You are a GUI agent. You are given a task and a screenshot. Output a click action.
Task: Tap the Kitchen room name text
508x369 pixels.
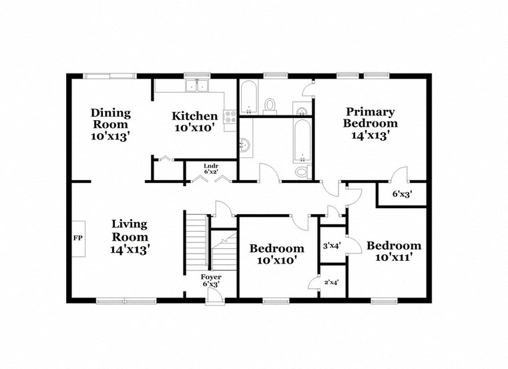click(x=194, y=115)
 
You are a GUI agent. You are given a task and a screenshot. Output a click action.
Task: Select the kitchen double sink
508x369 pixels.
click(x=198, y=85)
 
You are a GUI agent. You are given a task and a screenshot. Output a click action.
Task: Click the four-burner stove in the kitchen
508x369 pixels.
click(x=230, y=118)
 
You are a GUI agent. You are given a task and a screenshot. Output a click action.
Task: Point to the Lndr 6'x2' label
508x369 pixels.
click(x=211, y=168)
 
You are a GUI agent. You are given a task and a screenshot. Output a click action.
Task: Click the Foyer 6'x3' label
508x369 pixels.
click(x=211, y=280)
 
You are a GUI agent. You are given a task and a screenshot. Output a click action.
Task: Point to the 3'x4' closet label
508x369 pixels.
click(x=332, y=246)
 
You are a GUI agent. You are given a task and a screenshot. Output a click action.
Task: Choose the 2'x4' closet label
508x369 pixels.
click(x=330, y=282)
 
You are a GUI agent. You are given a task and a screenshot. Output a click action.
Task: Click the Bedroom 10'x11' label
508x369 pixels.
click(x=394, y=251)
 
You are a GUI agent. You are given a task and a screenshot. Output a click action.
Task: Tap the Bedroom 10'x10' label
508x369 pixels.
click(x=276, y=254)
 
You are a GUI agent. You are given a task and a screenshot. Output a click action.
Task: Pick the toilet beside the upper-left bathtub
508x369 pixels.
click(x=271, y=105)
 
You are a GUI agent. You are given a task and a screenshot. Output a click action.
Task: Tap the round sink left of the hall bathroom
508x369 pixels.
click(x=244, y=144)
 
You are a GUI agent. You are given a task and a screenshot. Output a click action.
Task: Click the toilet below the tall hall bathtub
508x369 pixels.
click(x=302, y=172)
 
